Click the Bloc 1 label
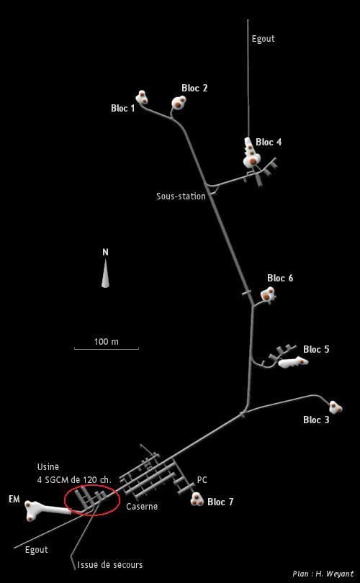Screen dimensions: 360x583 (x=122, y=108)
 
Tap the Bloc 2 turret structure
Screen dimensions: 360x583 (x=179, y=102)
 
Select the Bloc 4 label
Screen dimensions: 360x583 (x=269, y=142)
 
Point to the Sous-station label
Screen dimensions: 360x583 (x=181, y=196)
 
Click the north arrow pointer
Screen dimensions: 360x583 (x=106, y=274)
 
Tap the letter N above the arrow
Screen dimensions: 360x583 (x=106, y=253)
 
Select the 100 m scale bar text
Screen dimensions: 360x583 (x=107, y=341)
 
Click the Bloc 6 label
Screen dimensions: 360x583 (x=280, y=278)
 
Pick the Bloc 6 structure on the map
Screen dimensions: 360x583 (x=268, y=294)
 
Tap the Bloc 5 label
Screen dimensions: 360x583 (x=316, y=350)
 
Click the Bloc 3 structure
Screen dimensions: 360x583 (x=336, y=407)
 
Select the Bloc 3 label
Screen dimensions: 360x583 (x=316, y=420)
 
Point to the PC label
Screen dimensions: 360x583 (x=202, y=480)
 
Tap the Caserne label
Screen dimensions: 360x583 (x=142, y=507)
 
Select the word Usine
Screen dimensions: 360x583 (x=48, y=466)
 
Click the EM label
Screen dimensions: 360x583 (x=14, y=500)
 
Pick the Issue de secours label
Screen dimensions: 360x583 (x=110, y=565)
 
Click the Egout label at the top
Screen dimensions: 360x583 (x=264, y=39)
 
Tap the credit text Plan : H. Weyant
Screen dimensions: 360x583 (x=323, y=574)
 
